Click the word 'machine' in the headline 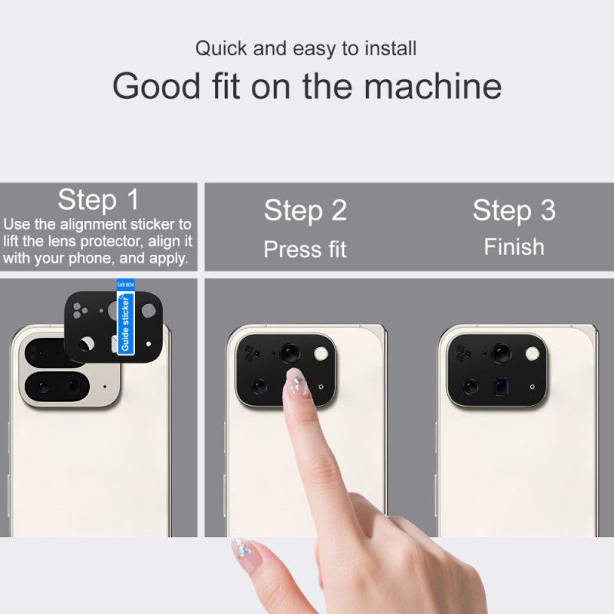click(433, 86)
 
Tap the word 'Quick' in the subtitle click(223, 48)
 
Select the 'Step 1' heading click(98, 200)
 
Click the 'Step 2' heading click(305, 210)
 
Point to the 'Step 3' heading click(513, 210)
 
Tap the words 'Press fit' click(305, 249)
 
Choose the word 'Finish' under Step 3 click(513, 247)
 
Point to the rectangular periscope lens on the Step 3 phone click(502, 385)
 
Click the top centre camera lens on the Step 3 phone click(500, 352)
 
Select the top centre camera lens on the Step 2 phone click(289, 352)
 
